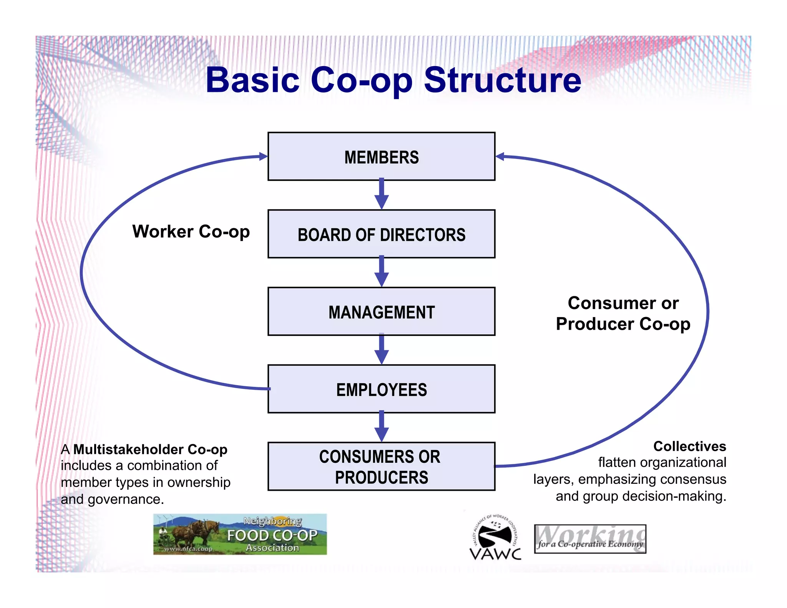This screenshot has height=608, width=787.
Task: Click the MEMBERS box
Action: tap(381, 156)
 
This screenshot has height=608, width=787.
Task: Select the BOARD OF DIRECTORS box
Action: tap(381, 234)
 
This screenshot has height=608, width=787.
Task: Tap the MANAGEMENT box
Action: tap(381, 312)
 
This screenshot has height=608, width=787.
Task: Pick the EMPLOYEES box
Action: tap(381, 389)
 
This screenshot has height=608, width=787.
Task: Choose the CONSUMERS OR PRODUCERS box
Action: tap(381, 466)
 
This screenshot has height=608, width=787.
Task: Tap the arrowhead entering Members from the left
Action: tap(263, 156)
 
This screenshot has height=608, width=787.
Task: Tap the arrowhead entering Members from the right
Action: tap(500, 156)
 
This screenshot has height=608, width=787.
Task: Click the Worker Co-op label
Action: tap(191, 232)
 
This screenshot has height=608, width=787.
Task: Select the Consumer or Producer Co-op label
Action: tap(623, 313)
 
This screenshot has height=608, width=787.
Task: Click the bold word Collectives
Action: tap(689, 446)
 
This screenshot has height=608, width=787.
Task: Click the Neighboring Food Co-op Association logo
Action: tap(240, 534)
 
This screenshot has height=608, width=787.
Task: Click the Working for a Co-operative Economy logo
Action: tap(590, 539)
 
